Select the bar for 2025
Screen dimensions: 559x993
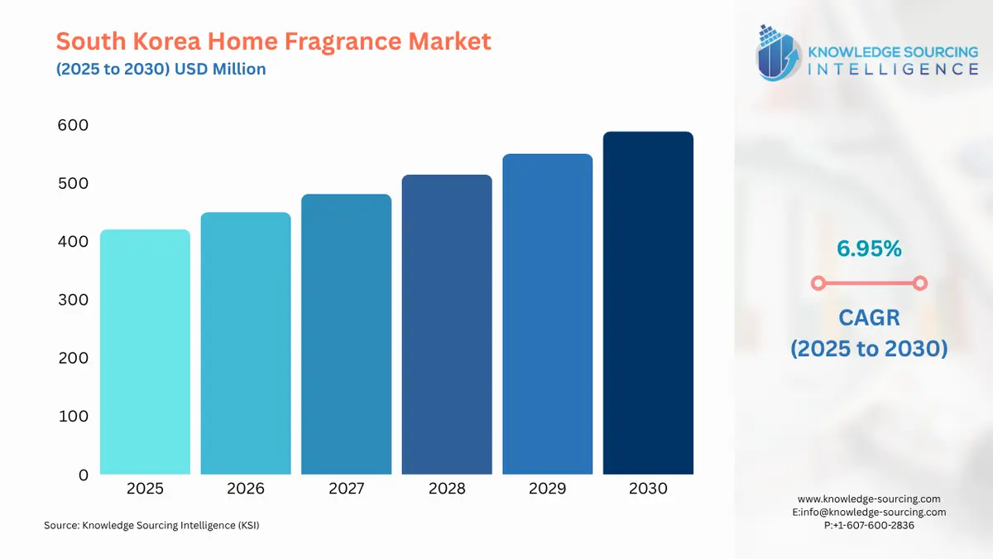(x=145, y=352)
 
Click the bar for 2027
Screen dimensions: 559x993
(x=346, y=335)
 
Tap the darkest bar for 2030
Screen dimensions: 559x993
(x=648, y=303)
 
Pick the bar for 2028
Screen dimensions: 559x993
(x=447, y=325)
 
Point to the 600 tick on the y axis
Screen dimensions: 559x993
(x=73, y=125)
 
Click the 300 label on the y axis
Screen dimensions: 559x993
(x=73, y=300)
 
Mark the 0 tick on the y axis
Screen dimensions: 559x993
(x=83, y=475)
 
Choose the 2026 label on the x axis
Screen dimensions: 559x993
(x=246, y=489)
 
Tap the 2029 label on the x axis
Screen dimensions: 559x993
(x=547, y=489)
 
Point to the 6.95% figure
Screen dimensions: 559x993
(x=868, y=248)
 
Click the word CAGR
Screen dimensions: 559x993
(x=868, y=317)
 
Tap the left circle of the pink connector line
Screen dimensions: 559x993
(x=818, y=283)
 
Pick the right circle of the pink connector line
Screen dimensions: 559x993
(x=919, y=283)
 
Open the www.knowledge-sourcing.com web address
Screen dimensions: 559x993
(x=869, y=499)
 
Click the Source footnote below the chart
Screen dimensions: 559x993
(x=151, y=525)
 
